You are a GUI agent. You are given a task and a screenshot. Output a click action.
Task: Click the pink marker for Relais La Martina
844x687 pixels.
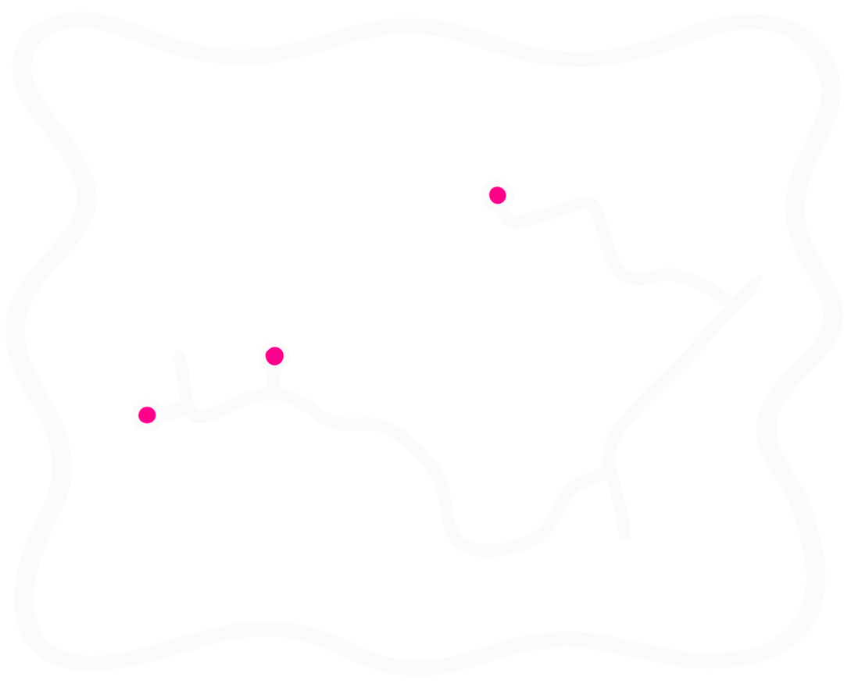[497, 195]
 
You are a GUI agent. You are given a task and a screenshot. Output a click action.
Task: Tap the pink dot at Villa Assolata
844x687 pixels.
[274, 356]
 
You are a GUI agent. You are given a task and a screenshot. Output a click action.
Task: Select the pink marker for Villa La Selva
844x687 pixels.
[147, 415]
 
